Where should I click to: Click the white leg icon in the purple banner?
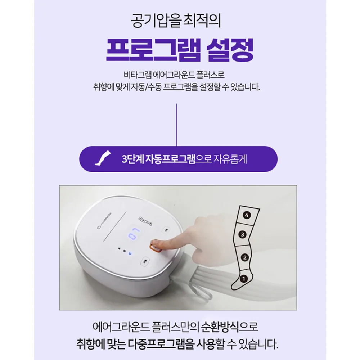pos(103,158)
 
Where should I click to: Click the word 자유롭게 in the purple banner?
pos(230,159)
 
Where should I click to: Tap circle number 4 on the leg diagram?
pos(247,215)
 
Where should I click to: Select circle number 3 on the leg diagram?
pos(242,234)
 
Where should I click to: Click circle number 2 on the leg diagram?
pos(244,257)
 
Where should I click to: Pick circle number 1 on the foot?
pos(244,279)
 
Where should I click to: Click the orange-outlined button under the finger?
pos(155,247)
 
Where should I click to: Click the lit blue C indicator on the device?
pos(130,253)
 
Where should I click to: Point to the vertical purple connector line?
pos(176,125)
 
